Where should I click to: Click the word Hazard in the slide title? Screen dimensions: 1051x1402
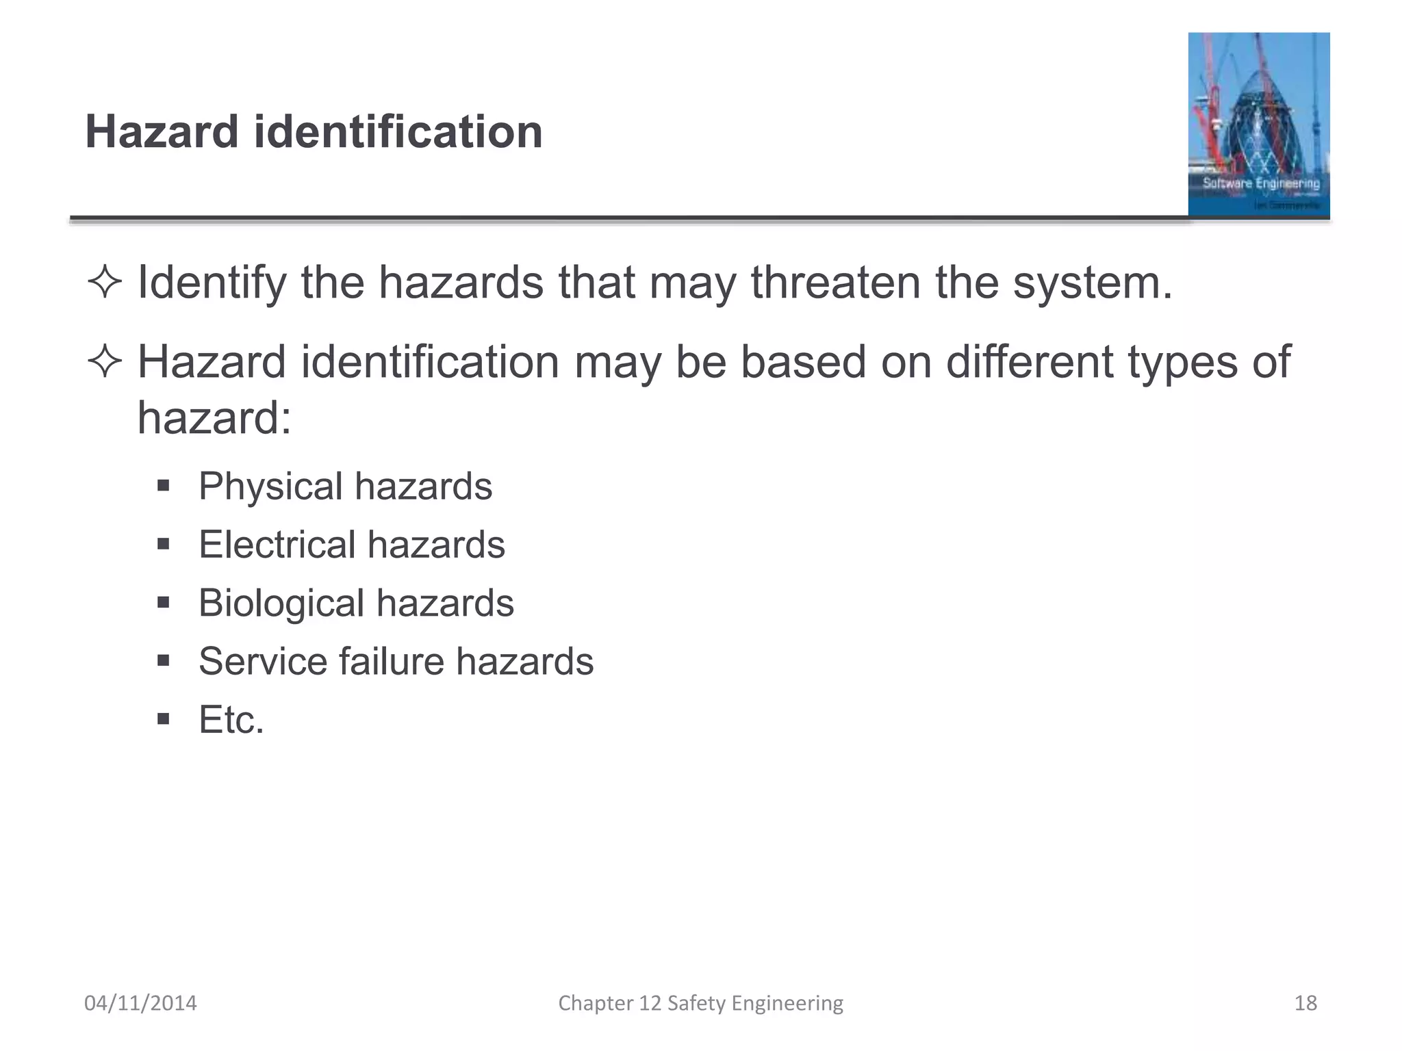(162, 131)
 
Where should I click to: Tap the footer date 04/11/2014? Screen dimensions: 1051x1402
(140, 1003)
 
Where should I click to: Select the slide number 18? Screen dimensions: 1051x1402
(1305, 1003)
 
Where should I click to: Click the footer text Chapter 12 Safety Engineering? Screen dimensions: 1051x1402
(700, 1003)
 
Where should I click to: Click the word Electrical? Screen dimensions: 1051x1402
(277, 545)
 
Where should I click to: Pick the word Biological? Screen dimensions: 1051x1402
(281, 604)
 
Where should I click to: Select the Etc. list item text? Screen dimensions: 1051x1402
(231, 720)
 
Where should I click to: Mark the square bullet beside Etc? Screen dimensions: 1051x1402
(163, 720)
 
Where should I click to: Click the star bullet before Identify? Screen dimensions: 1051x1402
(105, 283)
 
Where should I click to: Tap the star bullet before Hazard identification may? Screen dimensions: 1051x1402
(105, 362)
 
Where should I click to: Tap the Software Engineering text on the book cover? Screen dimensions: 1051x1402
(1261, 183)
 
